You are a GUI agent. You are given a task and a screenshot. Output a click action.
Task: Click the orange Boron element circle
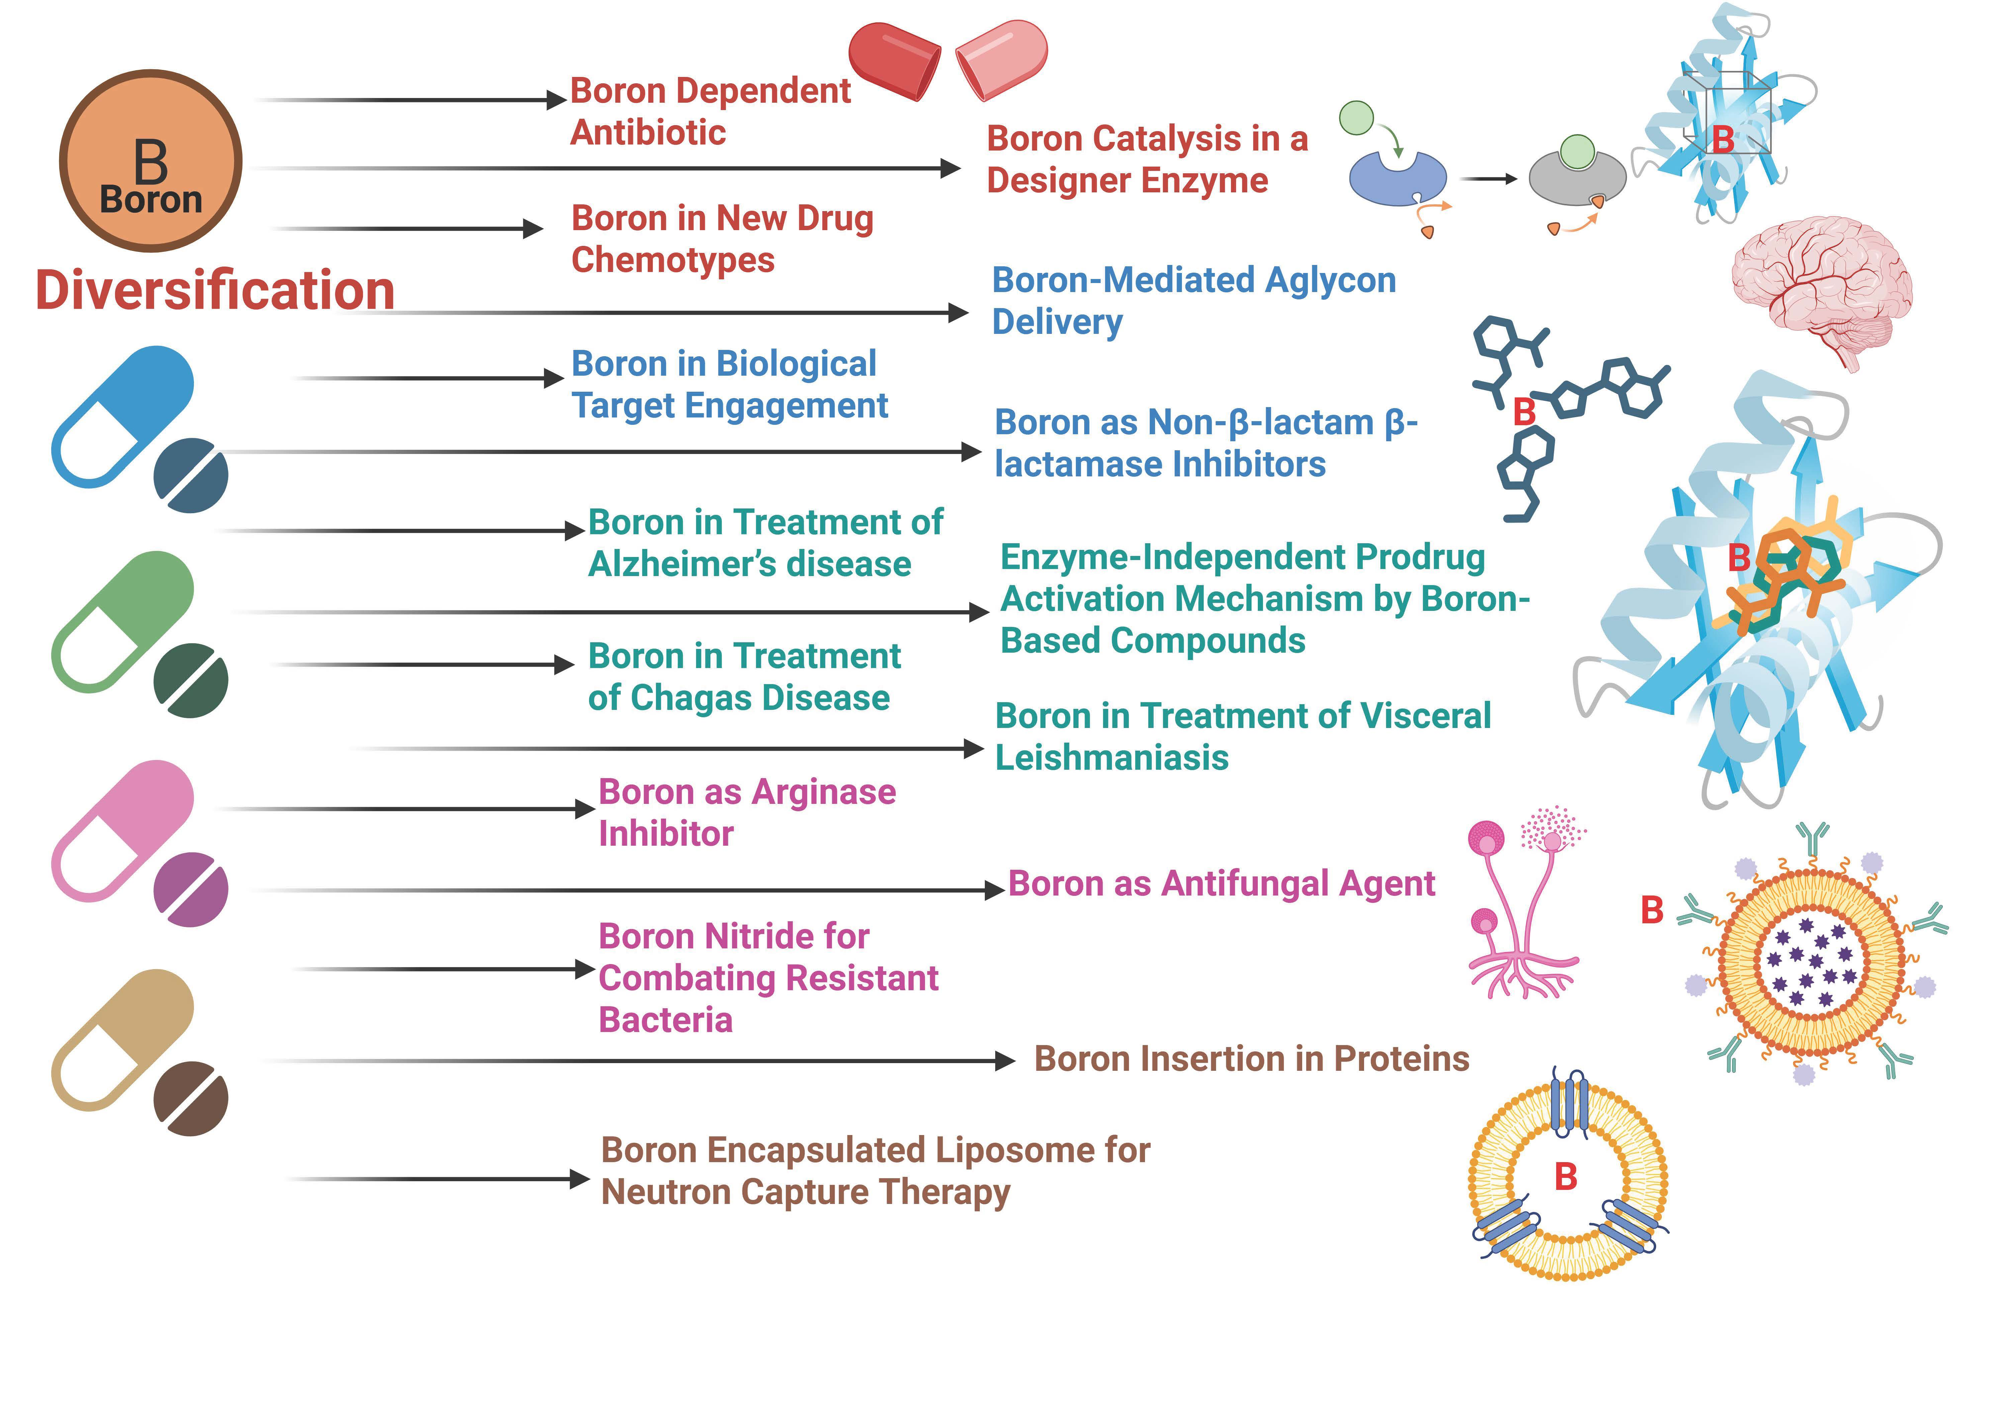coord(150,162)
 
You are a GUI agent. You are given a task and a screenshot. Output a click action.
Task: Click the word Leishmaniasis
coord(1112,757)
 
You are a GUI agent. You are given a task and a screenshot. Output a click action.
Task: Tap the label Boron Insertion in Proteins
coord(1251,1059)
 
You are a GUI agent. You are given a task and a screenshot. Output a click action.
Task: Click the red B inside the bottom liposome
coord(1565,1177)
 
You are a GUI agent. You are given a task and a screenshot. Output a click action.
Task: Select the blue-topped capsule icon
coord(122,416)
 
